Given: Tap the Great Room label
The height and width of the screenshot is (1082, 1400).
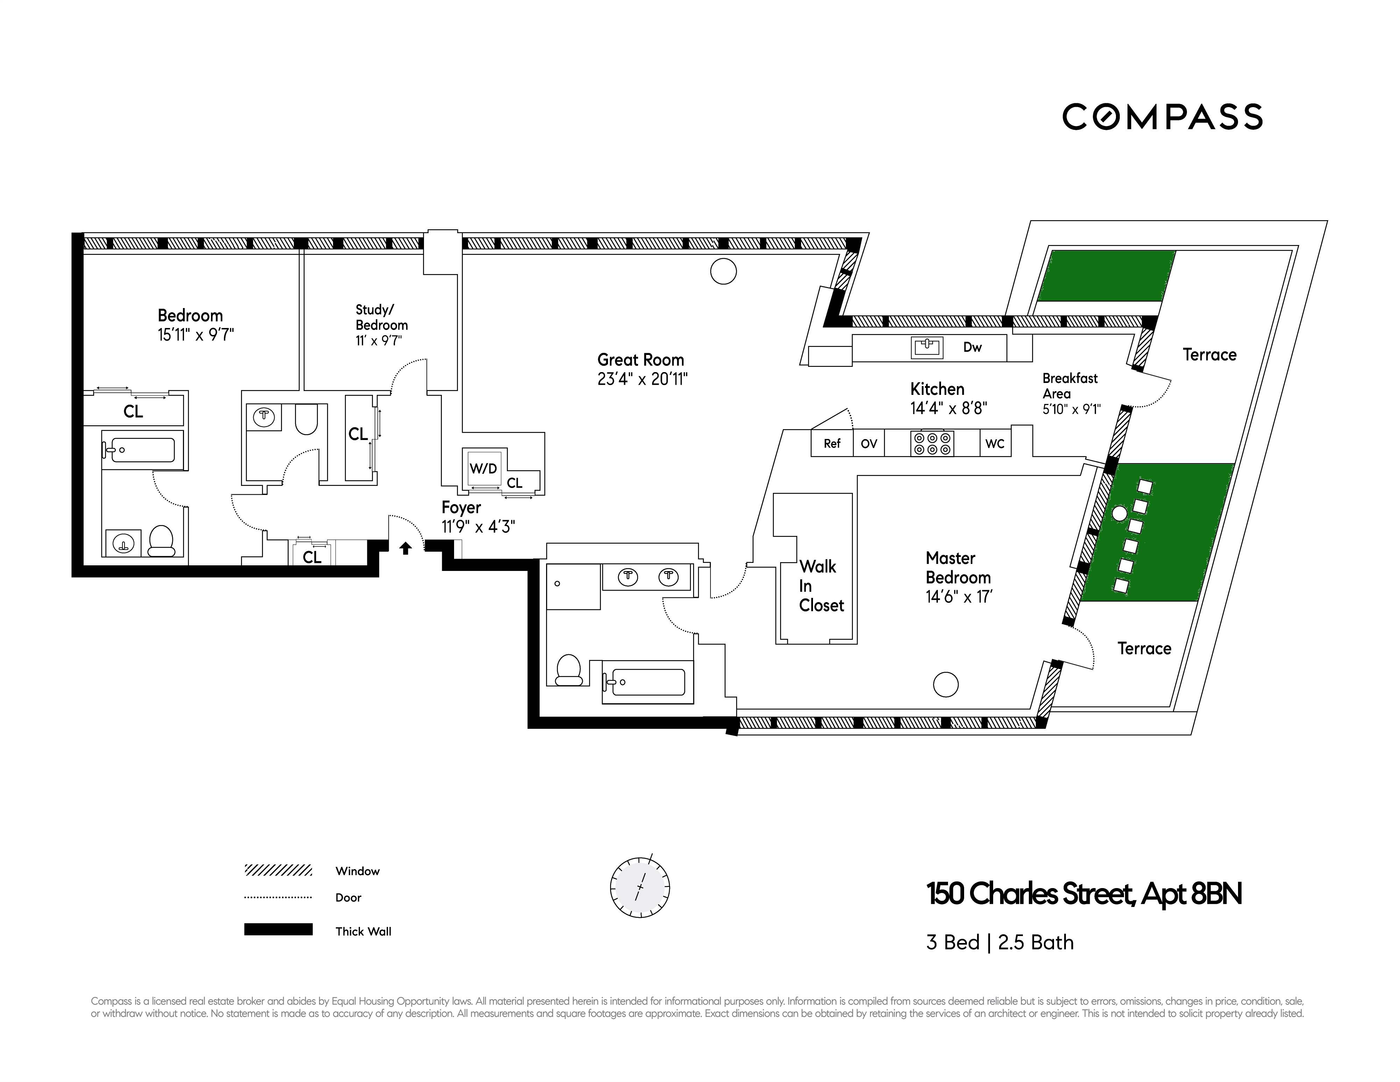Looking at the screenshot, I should pyautogui.click(x=641, y=360).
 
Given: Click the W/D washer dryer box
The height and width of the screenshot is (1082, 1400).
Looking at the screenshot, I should pyautogui.click(x=484, y=469).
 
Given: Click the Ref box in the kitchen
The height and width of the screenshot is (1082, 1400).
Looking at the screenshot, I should pyautogui.click(x=832, y=443).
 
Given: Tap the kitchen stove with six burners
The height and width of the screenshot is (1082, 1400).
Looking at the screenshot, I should pyautogui.click(x=932, y=443).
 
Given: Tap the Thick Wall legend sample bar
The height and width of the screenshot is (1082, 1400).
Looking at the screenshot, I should pyautogui.click(x=278, y=929).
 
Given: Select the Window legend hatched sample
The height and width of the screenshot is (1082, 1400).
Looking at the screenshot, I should pyautogui.click(x=278, y=870).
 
